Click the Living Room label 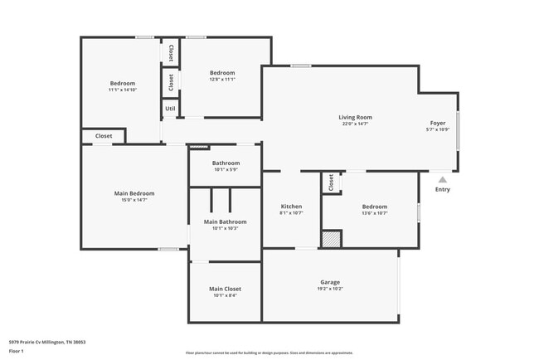tap(355, 117)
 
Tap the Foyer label tap(437, 123)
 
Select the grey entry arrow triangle tap(443, 178)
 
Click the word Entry tap(443, 190)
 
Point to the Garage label tap(330, 281)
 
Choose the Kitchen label tap(291, 206)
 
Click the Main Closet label tap(226, 289)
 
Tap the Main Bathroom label tap(226, 221)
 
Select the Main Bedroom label tap(134, 193)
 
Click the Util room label tap(170, 108)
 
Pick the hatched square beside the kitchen tap(331, 239)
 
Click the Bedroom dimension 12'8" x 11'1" tap(222, 80)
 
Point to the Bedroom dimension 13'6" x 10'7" tap(375, 213)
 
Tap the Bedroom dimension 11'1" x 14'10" tap(123, 90)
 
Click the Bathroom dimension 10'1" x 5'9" tap(226, 170)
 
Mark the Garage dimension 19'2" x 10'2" tap(330, 289)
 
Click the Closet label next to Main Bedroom tap(104, 135)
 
